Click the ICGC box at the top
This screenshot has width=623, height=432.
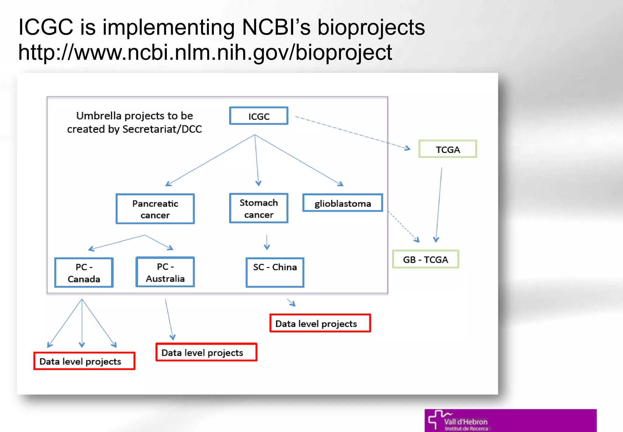259,116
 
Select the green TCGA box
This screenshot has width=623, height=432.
447,149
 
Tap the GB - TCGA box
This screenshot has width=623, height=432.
425,259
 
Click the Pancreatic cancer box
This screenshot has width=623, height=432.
155,209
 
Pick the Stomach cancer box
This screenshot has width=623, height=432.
259,208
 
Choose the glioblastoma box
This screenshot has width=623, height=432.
343,203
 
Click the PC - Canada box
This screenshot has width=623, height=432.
84,273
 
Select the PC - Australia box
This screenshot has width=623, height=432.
165,272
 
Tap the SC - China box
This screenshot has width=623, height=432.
275,272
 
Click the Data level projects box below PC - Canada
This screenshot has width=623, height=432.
84,361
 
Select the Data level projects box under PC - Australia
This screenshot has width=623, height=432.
206,352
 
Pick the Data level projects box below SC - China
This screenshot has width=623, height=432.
320,323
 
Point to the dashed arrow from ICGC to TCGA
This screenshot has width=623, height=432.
353,133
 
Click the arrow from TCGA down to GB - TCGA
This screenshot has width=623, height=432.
439,204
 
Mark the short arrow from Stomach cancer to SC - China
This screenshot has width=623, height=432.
267,242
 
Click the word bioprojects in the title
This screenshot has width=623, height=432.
371,27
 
